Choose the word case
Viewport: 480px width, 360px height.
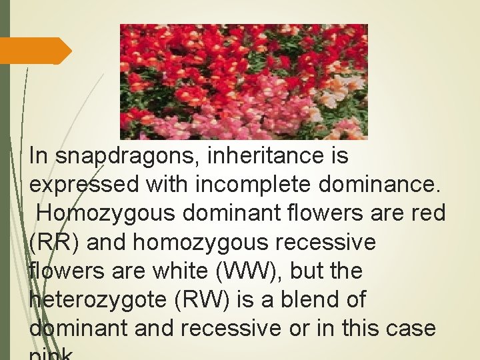click(x=412, y=329)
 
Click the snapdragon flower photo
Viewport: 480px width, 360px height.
click(x=243, y=81)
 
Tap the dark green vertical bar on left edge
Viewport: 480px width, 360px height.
click(x=5, y=180)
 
